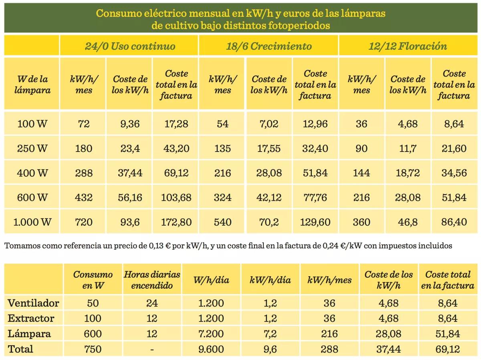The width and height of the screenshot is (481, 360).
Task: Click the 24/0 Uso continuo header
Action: [129, 46]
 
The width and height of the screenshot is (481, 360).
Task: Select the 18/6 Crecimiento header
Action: [269, 46]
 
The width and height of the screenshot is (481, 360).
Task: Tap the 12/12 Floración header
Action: [408, 46]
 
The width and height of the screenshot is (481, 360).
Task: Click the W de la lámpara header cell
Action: [32, 84]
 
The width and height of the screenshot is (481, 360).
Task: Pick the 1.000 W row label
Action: [32, 222]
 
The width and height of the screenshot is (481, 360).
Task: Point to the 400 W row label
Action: [32, 173]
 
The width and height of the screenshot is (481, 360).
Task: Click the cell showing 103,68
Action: [176, 197]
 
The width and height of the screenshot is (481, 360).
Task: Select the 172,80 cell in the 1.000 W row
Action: [176, 222]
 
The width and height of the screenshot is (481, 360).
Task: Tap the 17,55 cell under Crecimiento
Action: [269, 148]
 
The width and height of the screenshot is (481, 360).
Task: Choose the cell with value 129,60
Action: [315, 222]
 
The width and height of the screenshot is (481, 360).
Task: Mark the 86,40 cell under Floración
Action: [454, 222]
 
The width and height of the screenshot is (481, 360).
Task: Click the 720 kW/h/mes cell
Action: [84, 222]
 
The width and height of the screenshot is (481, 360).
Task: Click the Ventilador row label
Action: [33, 303]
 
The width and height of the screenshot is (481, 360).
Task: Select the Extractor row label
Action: [31, 318]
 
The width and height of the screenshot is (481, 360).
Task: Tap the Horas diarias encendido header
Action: [152, 280]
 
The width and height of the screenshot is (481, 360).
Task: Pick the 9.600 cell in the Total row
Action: [211, 349]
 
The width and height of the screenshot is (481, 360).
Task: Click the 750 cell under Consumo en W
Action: [93, 349]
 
